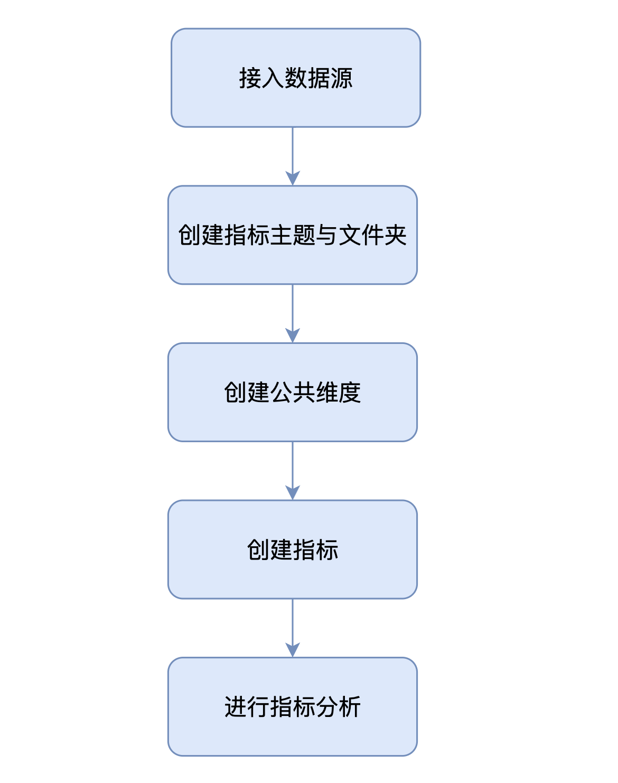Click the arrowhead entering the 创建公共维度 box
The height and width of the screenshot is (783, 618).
coord(293,335)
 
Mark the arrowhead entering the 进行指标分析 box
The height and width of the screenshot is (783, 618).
coord(293,650)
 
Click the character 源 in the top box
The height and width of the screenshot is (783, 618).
coord(342,78)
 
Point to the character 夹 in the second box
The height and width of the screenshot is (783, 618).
coord(396,235)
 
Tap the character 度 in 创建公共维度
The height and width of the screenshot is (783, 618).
coord(350,393)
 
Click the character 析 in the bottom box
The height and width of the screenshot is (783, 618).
coord(350,707)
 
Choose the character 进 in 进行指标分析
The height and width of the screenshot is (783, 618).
coord(236,707)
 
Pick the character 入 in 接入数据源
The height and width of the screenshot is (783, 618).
coord(273,78)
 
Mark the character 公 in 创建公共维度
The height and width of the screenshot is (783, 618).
coord(282,393)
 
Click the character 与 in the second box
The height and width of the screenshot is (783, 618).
coord(327,235)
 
